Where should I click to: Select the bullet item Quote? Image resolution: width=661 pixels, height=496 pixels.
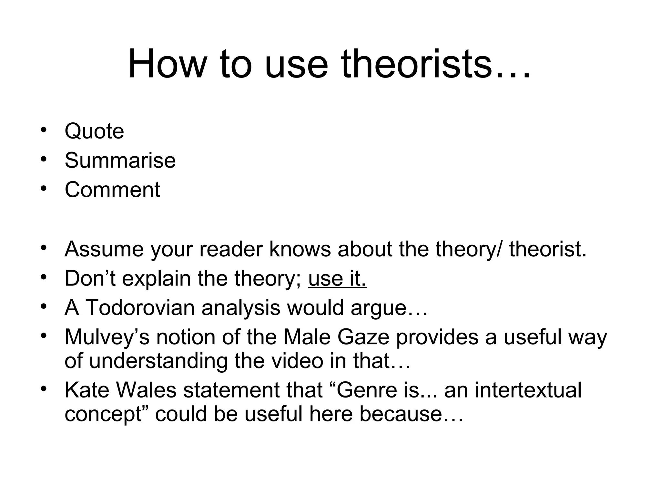click(x=94, y=131)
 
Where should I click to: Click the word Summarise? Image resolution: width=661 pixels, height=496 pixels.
click(x=120, y=160)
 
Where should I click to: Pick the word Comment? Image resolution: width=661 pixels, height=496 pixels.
click(x=112, y=190)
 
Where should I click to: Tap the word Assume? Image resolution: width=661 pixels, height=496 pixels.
click(x=104, y=249)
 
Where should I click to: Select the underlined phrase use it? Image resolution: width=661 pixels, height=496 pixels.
click(x=337, y=278)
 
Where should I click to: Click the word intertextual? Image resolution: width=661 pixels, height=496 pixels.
click(x=528, y=390)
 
